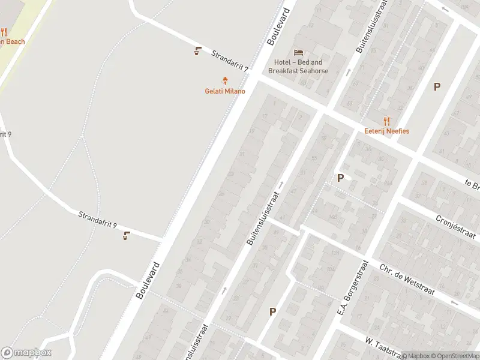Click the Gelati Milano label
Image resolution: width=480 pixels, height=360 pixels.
pyautogui.click(x=226, y=91)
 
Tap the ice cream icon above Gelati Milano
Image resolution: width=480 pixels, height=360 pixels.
pyautogui.click(x=226, y=80)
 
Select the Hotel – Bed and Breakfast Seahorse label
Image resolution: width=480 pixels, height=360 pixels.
pyautogui.click(x=298, y=67)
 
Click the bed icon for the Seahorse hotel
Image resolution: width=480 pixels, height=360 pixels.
pyautogui.click(x=298, y=53)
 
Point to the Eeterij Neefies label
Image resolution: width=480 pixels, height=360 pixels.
pyautogui.click(x=386, y=131)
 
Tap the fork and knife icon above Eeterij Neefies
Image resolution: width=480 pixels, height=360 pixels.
pyautogui.click(x=386, y=120)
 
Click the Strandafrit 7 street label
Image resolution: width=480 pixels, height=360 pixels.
pyautogui.click(x=230, y=62)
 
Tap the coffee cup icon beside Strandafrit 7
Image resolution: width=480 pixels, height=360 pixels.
pyautogui.click(x=197, y=51)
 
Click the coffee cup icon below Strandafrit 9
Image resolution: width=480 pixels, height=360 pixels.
pyautogui.click(x=126, y=235)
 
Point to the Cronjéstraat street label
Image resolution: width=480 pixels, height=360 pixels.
pyautogui.click(x=455, y=227)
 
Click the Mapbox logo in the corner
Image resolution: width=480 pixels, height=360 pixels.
pyautogui.click(x=26, y=353)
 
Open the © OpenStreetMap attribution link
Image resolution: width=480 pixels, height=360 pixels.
pyautogui.click(x=454, y=356)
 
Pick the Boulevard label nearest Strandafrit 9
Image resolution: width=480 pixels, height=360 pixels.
pyautogui.click(x=148, y=280)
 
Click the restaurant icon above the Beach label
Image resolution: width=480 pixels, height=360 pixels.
pyautogui.click(x=4, y=32)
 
